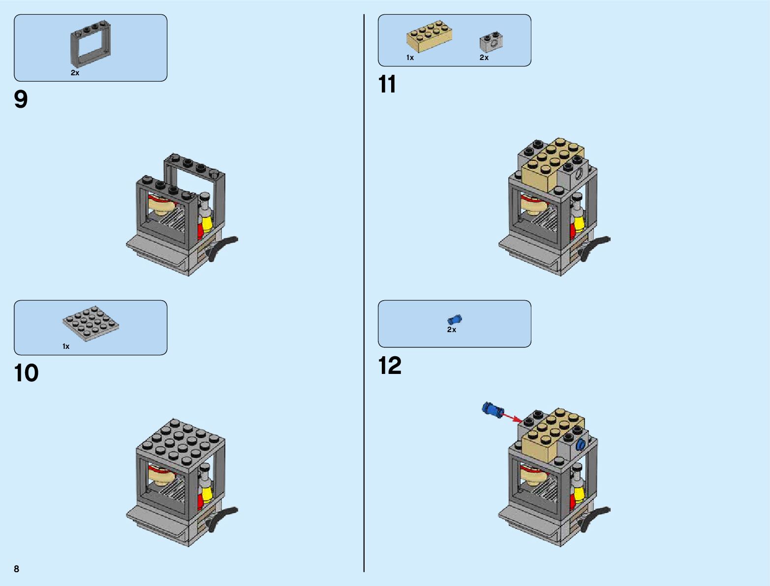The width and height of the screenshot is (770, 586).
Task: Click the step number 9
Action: pyautogui.click(x=21, y=99)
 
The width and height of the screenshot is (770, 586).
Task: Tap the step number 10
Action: pyautogui.click(x=27, y=373)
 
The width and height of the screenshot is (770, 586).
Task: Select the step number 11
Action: pyautogui.click(x=387, y=84)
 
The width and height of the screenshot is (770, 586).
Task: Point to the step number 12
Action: pyautogui.click(x=390, y=366)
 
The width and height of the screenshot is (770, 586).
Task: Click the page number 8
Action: pyautogui.click(x=17, y=569)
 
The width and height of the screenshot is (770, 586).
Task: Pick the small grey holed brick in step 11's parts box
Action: pyautogui.click(x=491, y=43)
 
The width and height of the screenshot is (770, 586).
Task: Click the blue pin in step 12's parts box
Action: pyautogui.click(x=455, y=319)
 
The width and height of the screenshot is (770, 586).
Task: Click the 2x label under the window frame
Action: pyautogui.click(x=75, y=73)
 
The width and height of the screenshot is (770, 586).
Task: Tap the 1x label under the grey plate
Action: pyautogui.click(x=66, y=346)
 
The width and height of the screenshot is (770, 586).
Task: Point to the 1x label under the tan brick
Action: pyautogui.click(x=410, y=58)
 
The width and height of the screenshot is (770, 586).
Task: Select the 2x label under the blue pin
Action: pyautogui.click(x=451, y=330)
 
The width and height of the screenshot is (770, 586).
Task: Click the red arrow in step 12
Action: pyautogui.click(x=512, y=417)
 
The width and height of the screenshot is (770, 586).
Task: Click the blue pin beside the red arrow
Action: pyautogui.click(x=493, y=409)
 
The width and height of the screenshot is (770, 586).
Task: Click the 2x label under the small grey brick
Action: pyautogui.click(x=484, y=58)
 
